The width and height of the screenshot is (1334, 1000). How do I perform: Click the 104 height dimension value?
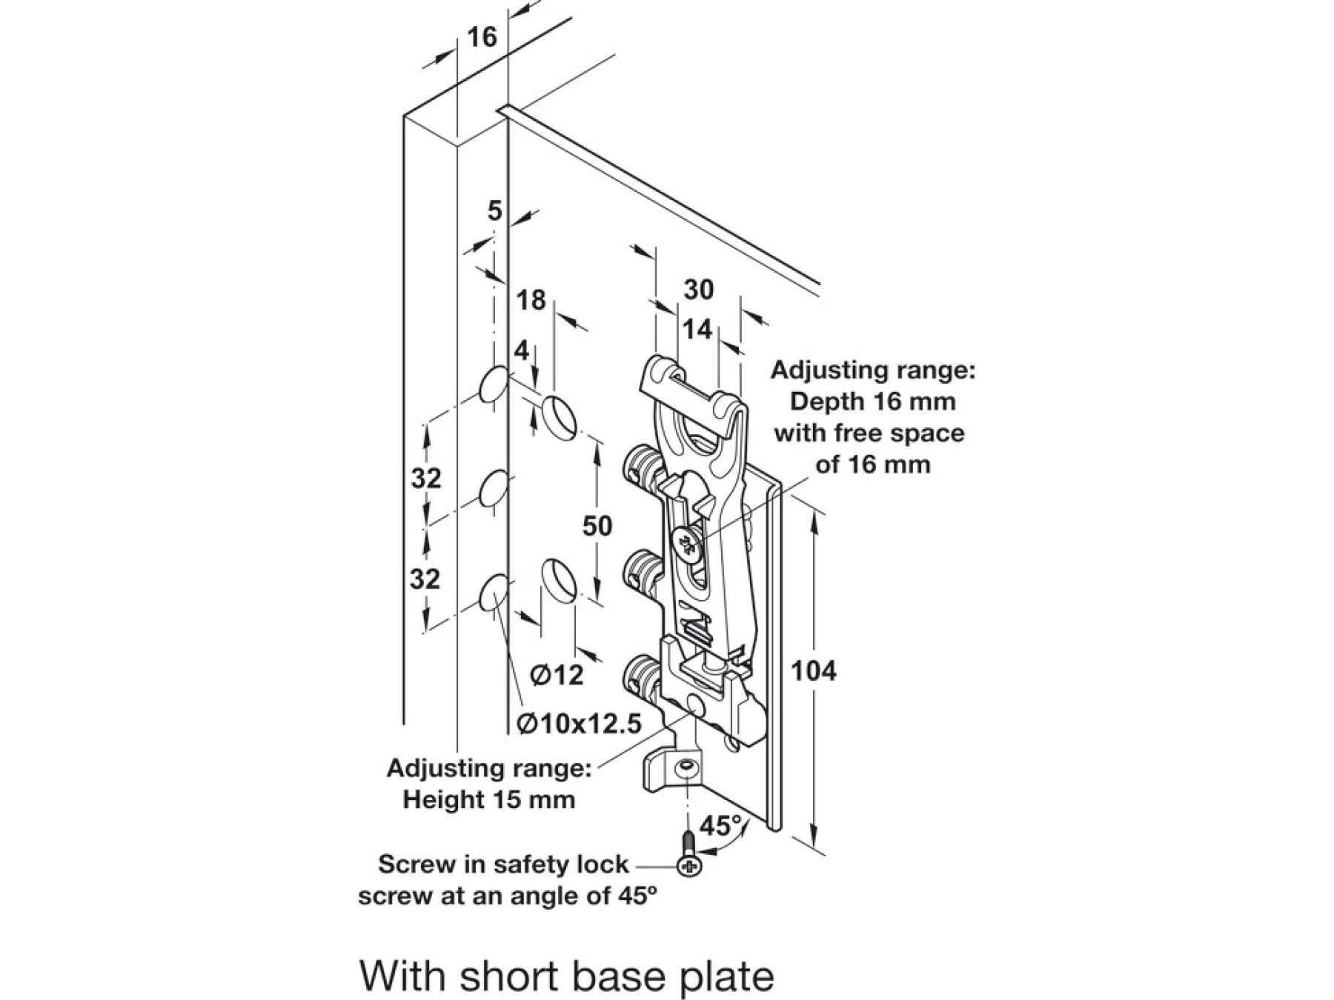814,671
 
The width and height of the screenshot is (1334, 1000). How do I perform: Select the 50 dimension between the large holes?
597,526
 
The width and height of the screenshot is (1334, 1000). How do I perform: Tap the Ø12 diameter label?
557,675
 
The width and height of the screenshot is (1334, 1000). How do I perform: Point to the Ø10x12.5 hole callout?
579,723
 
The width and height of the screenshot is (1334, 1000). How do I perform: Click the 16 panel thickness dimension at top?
482,36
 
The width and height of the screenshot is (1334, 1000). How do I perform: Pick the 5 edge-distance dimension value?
495,212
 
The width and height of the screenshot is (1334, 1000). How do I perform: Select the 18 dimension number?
531,301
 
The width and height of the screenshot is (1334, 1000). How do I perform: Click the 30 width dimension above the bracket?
698,290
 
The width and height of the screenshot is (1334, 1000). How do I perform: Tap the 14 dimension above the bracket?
697,329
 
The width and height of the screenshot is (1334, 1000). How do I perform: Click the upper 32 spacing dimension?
426,479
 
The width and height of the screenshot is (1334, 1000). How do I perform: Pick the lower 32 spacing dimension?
425,579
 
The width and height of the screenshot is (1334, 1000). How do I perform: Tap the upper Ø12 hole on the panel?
560,415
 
